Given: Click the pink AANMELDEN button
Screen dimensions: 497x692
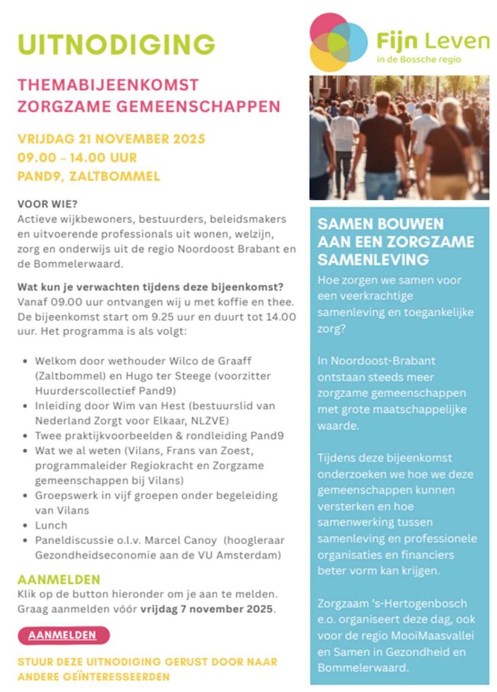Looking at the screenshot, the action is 63,635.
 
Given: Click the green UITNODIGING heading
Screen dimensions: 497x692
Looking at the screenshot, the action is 116,44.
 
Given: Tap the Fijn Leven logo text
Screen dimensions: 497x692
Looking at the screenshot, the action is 432,42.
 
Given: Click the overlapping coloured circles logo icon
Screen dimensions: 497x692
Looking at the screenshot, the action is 338,41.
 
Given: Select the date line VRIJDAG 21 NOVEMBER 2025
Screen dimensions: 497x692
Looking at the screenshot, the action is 112,140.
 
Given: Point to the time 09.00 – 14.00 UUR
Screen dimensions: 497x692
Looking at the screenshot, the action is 77,158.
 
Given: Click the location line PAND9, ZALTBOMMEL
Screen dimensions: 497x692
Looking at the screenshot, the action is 89,176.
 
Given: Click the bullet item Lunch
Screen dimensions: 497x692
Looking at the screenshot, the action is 52,524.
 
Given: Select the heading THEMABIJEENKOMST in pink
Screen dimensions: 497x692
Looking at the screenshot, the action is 108,85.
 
